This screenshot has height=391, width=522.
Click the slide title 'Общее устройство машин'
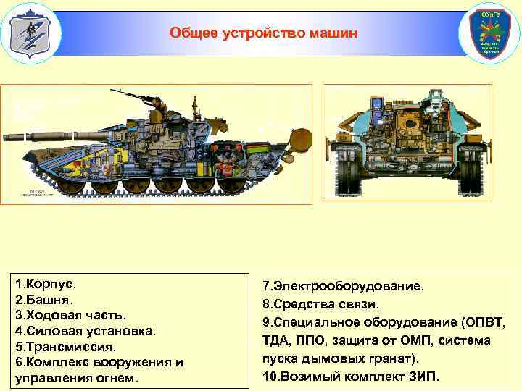[263, 33]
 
